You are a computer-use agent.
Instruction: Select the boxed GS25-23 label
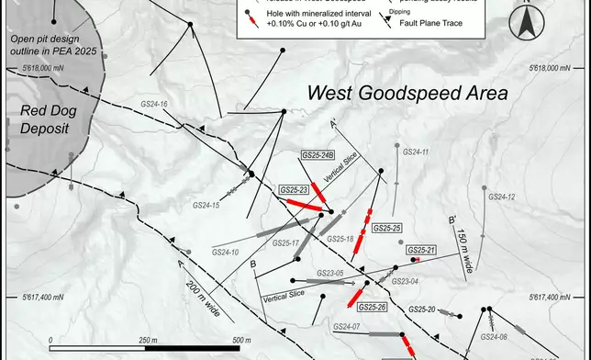(296, 190)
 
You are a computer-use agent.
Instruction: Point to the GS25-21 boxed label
(420, 250)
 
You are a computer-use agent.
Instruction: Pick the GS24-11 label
(415, 152)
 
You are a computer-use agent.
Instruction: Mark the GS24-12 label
(501, 197)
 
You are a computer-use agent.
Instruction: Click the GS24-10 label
(226, 252)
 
